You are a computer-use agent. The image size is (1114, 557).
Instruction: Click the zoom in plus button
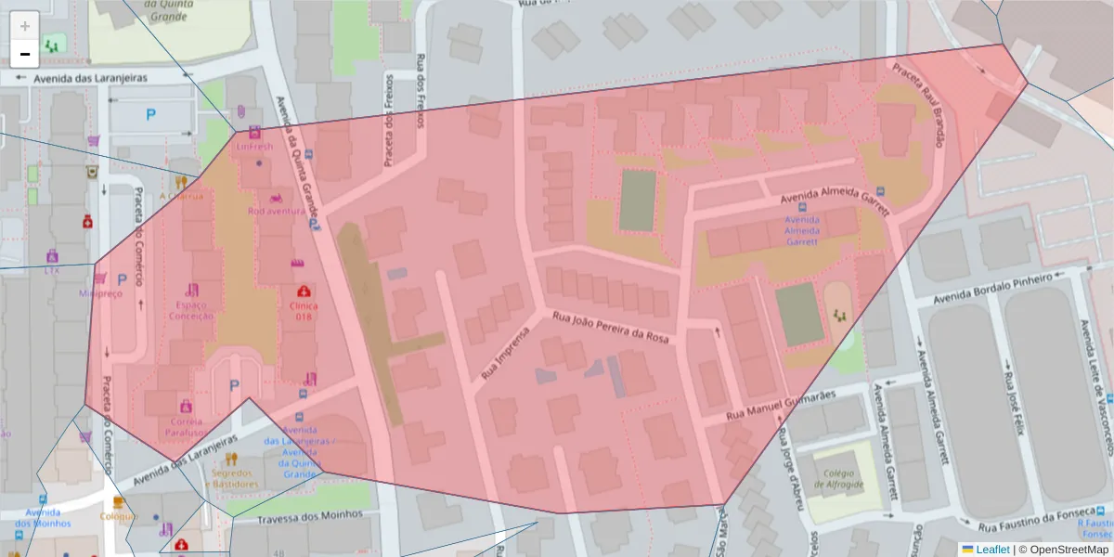(x=25, y=26)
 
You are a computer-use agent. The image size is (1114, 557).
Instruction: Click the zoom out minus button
(x=25, y=54)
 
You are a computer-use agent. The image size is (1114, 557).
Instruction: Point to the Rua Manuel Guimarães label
(x=782, y=405)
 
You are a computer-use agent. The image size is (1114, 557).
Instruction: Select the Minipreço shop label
(x=100, y=292)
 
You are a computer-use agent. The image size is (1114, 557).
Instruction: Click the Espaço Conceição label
(x=191, y=310)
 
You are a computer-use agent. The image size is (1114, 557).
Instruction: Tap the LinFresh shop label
(x=254, y=147)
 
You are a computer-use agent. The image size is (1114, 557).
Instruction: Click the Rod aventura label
(x=276, y=211)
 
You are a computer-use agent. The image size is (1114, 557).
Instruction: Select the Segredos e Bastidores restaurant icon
(x=231, y=460)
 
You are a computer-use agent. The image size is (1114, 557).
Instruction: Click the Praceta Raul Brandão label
(x=918, y=104)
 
